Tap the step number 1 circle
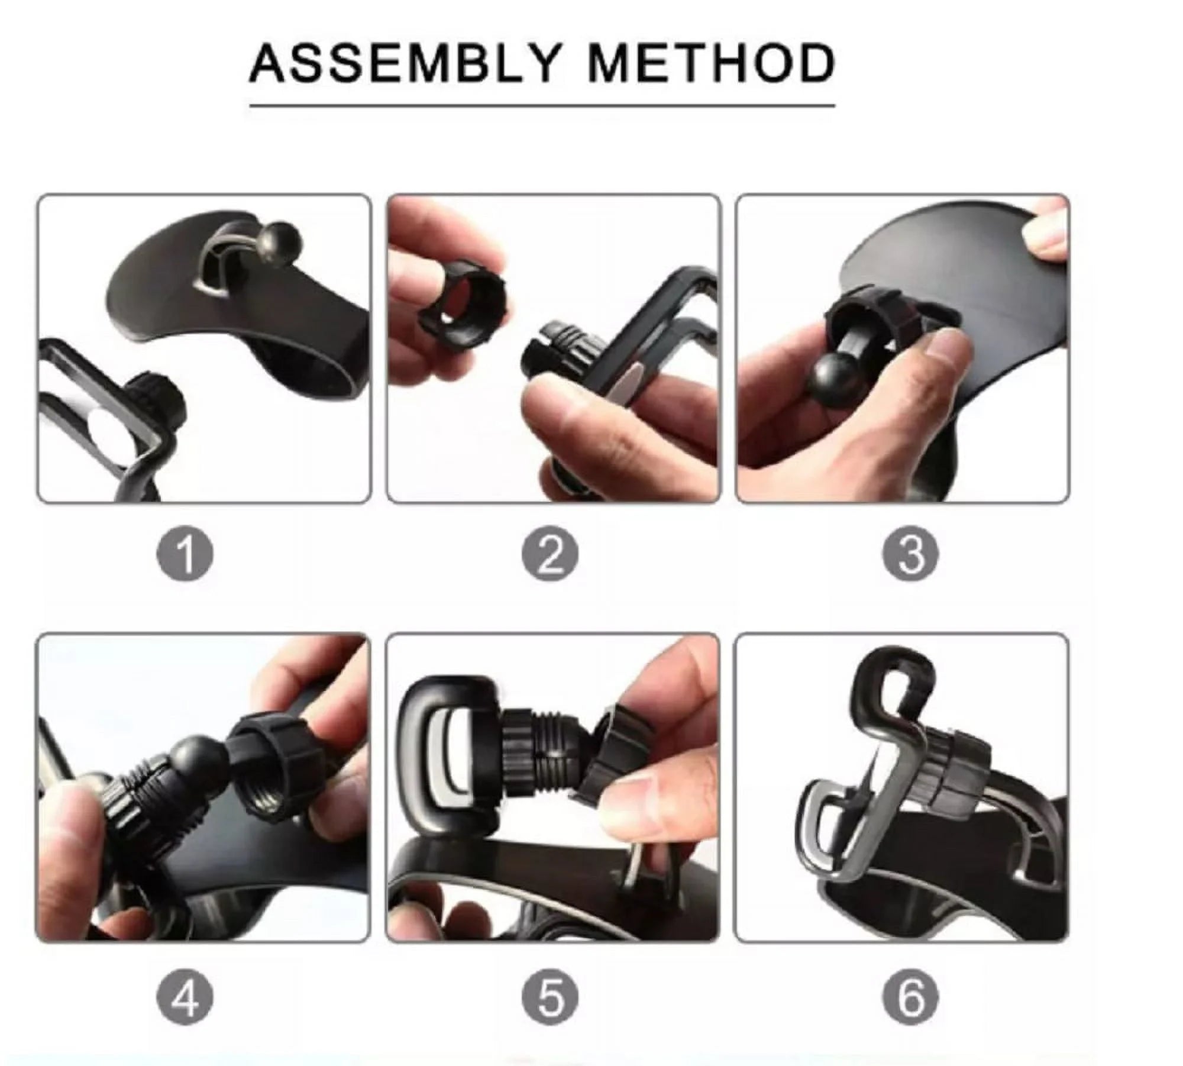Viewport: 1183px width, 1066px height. tap(185, 555)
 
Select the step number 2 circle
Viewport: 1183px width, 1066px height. tap(550, 555)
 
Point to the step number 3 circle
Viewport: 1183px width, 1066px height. tap(910, 555)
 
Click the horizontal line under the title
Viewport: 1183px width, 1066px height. tap(541, 106)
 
